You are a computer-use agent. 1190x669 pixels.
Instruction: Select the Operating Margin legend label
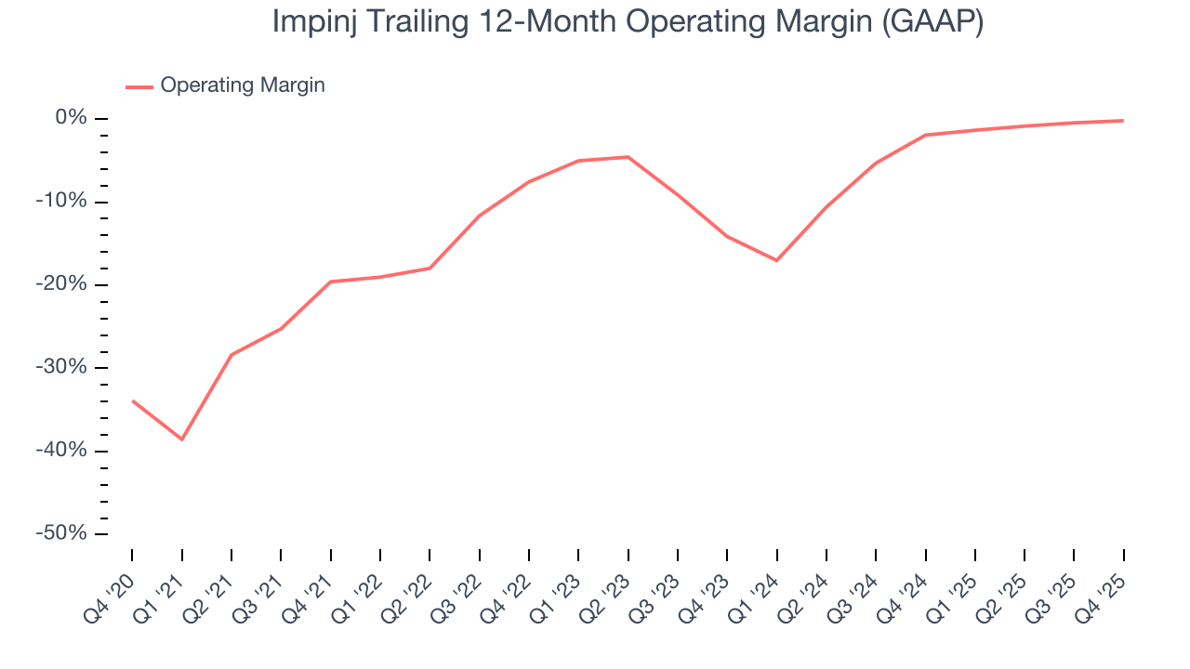pyautogui.click(x=243, y=85)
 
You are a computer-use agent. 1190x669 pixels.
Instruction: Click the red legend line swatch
pyautogui.click(x=139, y=86)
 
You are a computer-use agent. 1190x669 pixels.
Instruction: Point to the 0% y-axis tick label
pyautogui.click(x=71, y=118)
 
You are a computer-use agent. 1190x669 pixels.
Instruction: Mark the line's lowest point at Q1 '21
pyautogui.click(x=182, y=439)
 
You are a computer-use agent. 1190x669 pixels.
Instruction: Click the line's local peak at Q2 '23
pyautogui.click(x=628, y=157)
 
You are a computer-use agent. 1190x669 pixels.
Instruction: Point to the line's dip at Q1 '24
pyautogui.click(x=776, y=260)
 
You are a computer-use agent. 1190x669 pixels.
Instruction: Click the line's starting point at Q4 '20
pyautogui.click(x=133, y=400)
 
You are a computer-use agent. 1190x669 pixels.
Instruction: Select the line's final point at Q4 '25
pyautogui.click(x=1123, y=121)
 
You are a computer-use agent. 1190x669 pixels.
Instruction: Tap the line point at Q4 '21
pyautogui.click(x=331, y=282)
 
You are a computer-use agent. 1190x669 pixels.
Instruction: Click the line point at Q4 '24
pyautogui.click(x=926, y=135)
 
